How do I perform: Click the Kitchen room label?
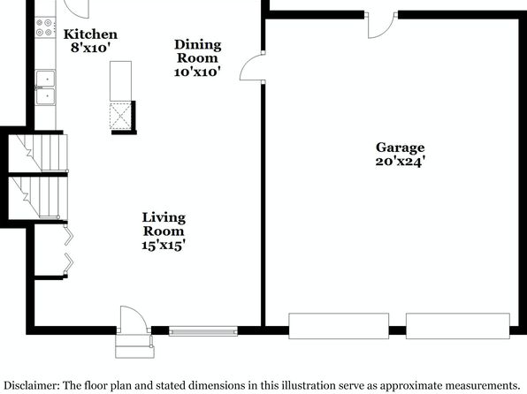click(x=90, y=34)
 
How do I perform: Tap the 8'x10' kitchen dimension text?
click(x=90, y=48)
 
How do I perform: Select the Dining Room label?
click(x=198, y=51)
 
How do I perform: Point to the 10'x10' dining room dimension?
click(x=197, y=72)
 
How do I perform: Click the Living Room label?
click(x=164, y=224)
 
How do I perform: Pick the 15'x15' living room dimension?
click(x=164, y=246)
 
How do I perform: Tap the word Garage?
click(x=400, y=148)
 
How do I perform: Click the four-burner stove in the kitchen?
click(x=45, y=27)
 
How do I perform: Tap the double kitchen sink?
click(x=45, y=87)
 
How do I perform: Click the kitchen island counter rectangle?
click(x=120, y=81)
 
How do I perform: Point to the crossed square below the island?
click(x=120, y=116)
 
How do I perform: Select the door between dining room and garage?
click(x=252, y=66)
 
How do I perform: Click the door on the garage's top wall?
click(x=382, y=26)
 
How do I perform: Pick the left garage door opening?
click(x=339, y=326)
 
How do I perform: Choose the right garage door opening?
click(x=458, y=326)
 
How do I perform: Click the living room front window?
click(x=203, y=331)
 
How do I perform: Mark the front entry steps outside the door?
click(x=134, y=346)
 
